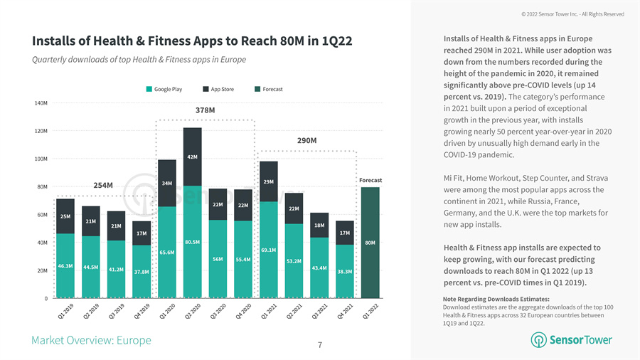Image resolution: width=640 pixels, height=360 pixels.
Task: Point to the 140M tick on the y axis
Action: [41, 103]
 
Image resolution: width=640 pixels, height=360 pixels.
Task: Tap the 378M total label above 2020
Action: [206, 110]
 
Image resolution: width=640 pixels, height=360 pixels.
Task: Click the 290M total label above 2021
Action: [307, 141]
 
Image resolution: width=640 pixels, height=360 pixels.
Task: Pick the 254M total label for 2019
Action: [103, 186]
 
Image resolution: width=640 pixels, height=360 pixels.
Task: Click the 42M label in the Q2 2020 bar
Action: [192, 157]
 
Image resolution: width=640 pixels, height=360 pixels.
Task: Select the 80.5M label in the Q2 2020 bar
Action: [192, 243]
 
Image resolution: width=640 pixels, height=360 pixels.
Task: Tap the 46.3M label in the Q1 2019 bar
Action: [65, 266]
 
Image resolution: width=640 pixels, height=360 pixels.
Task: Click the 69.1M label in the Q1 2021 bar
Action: [269, 250]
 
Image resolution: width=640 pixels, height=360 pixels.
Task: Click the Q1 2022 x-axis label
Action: [370, 311]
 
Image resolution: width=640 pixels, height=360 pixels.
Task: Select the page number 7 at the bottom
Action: [320, 346]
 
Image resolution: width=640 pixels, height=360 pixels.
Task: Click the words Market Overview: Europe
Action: [91, 340]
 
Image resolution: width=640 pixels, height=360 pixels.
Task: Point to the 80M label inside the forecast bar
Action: [370, 243]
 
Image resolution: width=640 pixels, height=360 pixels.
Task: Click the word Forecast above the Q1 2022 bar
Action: [370, 181]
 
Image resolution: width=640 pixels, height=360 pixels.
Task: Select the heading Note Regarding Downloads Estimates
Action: [496, 299]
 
